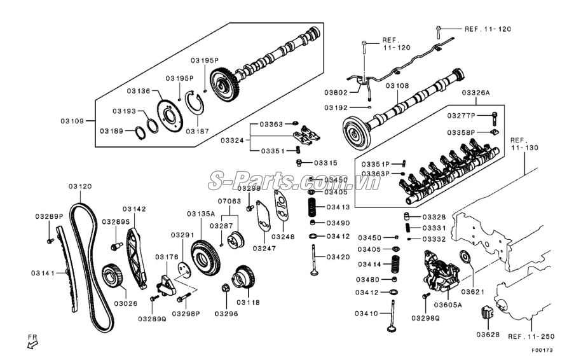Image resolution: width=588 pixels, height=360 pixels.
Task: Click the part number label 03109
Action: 73,120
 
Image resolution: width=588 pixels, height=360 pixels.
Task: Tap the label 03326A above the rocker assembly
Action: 475,92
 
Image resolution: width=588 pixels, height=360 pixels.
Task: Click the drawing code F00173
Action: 544,349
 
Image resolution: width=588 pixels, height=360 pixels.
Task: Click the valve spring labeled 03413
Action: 312,207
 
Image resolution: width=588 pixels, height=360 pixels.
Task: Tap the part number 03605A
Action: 448,305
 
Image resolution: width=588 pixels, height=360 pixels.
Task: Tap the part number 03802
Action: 337,93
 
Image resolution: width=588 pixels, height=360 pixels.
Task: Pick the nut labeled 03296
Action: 225,291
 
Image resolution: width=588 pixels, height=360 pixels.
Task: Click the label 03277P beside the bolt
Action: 460,115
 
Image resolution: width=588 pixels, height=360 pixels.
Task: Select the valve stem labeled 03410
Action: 393,316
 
